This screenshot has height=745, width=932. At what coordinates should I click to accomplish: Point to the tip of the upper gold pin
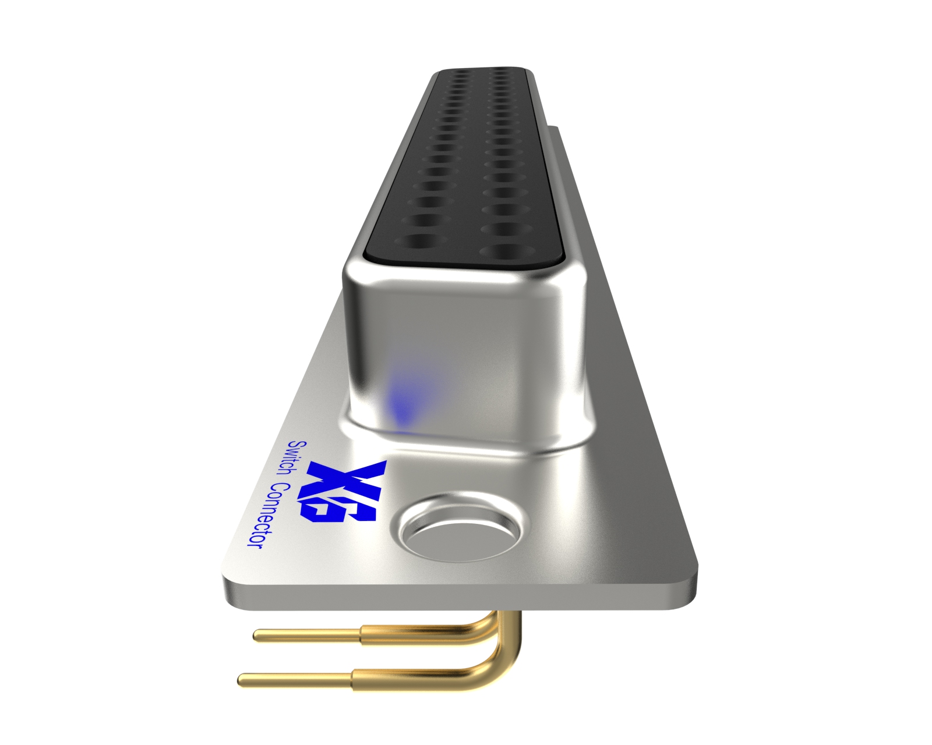coord(256,635)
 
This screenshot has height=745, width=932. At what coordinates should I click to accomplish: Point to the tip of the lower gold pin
coord(242,679)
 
